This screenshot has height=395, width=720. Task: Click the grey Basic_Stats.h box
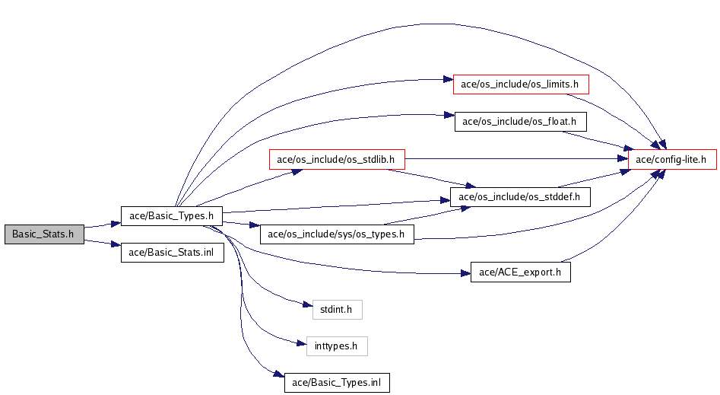44,234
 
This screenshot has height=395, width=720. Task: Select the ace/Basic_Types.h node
171,215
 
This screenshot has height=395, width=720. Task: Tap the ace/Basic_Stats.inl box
172,253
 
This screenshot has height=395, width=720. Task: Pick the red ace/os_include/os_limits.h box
521,84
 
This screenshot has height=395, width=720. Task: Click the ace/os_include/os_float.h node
520,122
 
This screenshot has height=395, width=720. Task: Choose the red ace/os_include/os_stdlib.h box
337,159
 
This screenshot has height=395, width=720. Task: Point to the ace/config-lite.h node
672,159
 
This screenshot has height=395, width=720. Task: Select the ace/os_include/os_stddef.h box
520,197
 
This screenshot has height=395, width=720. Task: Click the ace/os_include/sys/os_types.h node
337,234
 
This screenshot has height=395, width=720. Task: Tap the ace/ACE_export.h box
520,272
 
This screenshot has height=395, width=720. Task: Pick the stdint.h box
337,310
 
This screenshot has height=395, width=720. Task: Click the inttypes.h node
337,346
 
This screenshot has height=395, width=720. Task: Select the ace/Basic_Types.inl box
337,383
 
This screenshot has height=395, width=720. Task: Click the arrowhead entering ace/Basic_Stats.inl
116,244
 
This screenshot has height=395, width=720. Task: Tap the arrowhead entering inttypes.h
302,342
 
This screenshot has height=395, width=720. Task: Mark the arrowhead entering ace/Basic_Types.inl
279,374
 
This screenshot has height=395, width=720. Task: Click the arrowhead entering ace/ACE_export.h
465,273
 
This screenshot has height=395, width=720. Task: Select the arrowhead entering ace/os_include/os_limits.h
448,80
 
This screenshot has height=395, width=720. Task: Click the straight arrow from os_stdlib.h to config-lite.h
516,158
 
